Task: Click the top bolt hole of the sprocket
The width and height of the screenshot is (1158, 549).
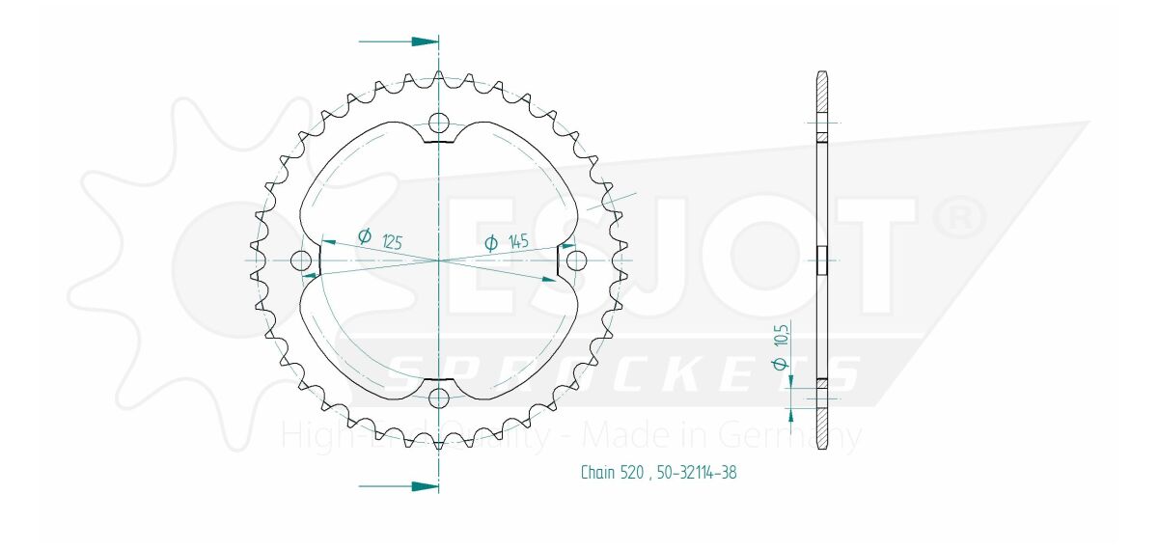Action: point(439,123)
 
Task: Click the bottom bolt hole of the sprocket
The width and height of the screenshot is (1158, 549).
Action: point(439,398)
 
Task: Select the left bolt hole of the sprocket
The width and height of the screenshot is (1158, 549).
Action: point(302,261)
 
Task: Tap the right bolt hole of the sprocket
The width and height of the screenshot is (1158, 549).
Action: point(576,261)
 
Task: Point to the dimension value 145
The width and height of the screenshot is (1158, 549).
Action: point(517,242)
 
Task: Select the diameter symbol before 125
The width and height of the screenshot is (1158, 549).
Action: point(365,235)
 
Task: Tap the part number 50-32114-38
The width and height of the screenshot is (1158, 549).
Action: point(698,473)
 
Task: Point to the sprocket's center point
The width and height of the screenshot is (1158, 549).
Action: point(439,261)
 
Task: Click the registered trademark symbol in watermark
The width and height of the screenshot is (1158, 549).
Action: point(960,219)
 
